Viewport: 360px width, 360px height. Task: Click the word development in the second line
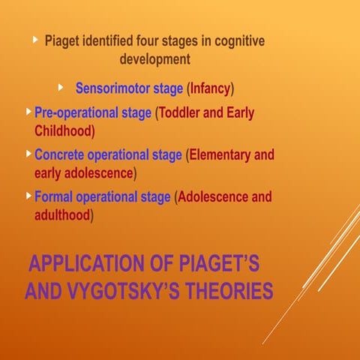155,58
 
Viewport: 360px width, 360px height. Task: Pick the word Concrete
59,155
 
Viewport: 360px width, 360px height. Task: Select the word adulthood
62,215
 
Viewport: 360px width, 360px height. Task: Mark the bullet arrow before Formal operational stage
29,196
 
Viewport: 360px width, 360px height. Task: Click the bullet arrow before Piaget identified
35,39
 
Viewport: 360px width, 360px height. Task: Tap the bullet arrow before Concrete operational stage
29,154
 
